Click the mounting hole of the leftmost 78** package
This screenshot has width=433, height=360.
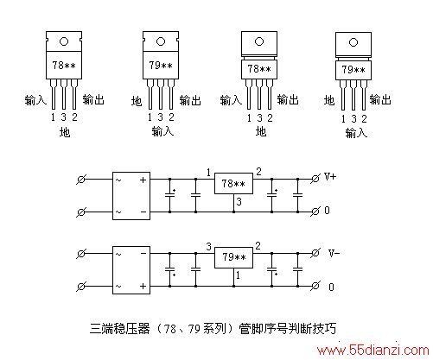point(64,41)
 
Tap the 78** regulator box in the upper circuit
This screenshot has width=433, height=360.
point(233,184)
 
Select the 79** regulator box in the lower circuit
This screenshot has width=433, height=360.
point(233,257)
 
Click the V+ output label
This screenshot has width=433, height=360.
point(330,176)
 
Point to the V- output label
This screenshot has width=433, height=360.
point(334,253)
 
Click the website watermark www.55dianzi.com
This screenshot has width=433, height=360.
point(373,351)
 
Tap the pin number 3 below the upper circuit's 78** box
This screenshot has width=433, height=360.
point(239,202)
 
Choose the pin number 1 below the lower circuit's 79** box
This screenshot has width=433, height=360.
point(238,275)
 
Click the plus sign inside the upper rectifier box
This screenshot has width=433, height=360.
point(143,180)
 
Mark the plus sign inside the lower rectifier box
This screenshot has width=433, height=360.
point(143,287)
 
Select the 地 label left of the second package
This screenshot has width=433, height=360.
point(137,101)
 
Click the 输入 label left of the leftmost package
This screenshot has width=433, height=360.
point(35,100)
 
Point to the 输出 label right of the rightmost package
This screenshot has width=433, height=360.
point(380,99)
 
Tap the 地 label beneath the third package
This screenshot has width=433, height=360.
point(261,132)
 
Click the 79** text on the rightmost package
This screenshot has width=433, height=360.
point(353,70)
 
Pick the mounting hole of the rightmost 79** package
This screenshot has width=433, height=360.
point(353,42)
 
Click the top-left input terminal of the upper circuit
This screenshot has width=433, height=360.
point(81,180)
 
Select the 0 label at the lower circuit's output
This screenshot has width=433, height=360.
point(331,287)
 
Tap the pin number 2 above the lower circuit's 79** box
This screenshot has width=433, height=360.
point(258,246)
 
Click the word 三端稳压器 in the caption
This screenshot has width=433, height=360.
point(120,328)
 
